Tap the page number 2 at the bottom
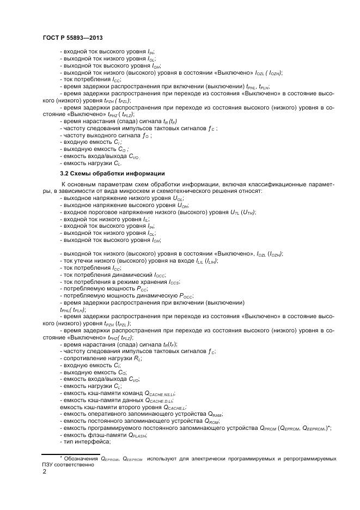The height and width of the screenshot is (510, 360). coord(44,472)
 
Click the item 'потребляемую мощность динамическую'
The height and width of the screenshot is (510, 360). coord(128,296)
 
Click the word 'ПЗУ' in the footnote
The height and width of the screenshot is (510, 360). coord(50,465)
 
